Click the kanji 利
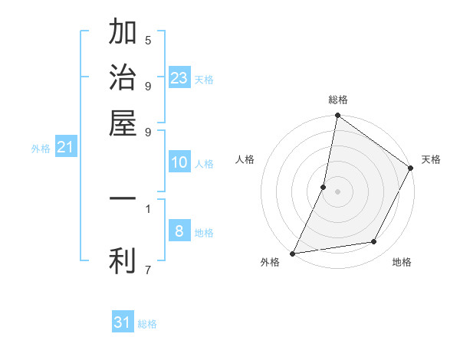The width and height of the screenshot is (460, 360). pyautogui.click(x=123, y=260)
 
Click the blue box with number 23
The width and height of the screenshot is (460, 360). pyautogui.click(x=179, y=77)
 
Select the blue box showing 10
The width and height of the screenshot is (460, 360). pyautogui.click(x=179, y=162)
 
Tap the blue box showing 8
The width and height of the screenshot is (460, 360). pyautogui.click(x=179, y=231)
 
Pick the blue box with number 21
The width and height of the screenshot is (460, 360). pyautogui.click(x=65, y=147)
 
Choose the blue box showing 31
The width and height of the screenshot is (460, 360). pyautogui.click(x=123, y=322)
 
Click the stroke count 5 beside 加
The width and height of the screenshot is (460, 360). pyautogui.click(x=147, y=40)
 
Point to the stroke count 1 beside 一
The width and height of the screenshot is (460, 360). pyautogui.click(x=147, y=208)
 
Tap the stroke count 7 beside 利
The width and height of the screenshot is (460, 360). pyautogui.click(x=147, y=269)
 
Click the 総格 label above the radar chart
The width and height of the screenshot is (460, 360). pyautogui.click(x=338, y=100)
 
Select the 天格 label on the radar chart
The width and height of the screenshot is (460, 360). pyautogui.click(x=431, y=159)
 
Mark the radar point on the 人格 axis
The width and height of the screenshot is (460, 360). pyautogui.click(x=324, y=187)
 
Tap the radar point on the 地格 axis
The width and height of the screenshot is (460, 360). pyautogui.click(x=374, y=242)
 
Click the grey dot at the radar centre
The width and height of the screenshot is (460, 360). pyautogui.click(x=338, y=191)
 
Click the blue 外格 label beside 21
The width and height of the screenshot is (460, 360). pyautogui.click(x=41, y=149)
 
